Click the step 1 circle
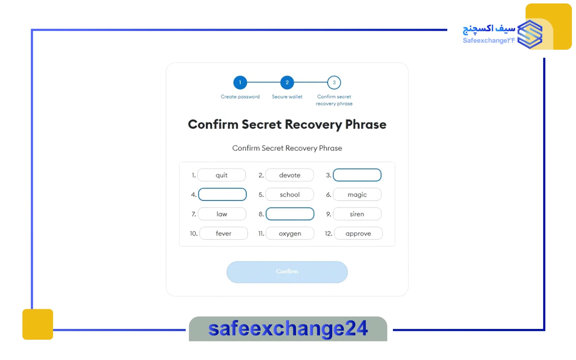(x=240, y=82)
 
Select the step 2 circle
(x=287, y=82)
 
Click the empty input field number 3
(x=357, y=175)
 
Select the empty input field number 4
(x=222, y=194)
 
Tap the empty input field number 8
(x=290, y=214)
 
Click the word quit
(x=221, y=175)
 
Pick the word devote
(x=290, y=175)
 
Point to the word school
(x=290, y=195)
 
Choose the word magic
(x=357, y=195)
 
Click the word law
(x=222, y=214)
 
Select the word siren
(x=357, y=214)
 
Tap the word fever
(x=223, y=233)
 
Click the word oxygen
(x=290, y=234)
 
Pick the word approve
(x=358, y=234)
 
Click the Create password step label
(x=240, y=97)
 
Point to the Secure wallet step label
(x=287, y=97)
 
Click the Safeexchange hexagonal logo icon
(x=530, y=35)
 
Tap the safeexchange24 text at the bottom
(x=288, y=329)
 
